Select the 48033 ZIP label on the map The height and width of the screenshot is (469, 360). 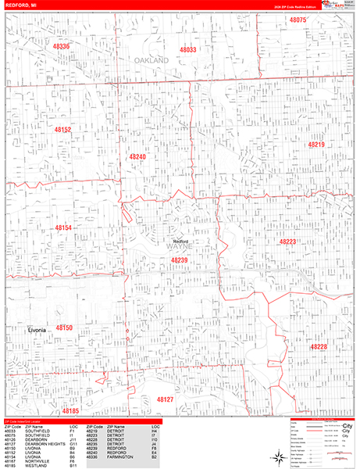188,49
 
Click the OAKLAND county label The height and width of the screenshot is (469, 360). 151,59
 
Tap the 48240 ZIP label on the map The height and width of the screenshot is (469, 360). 137,156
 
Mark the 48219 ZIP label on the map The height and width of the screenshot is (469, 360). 315,145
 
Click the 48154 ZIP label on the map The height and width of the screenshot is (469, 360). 63,227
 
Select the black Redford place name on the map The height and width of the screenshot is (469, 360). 181,242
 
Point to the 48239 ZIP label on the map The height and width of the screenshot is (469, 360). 180,260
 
